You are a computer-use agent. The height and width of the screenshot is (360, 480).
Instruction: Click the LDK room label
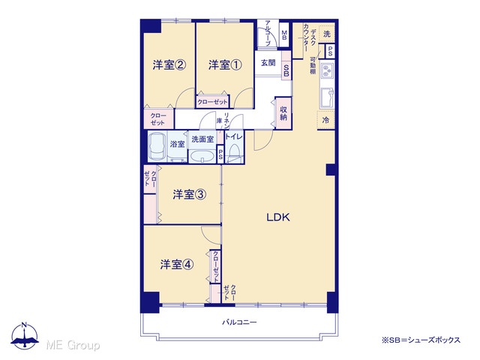[278, 217]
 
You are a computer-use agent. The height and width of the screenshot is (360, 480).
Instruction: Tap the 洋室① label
[225, 65]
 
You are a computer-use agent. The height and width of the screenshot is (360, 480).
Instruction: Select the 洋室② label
[169, 65]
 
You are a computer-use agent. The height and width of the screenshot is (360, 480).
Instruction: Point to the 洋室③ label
[189, 194]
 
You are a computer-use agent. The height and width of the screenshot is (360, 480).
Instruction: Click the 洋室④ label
[177, 265]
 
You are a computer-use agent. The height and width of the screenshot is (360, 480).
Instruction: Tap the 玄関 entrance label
[268, 63]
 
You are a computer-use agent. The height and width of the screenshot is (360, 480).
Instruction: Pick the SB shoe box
[286, 70]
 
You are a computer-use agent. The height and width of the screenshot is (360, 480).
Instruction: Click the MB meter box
[284, 35]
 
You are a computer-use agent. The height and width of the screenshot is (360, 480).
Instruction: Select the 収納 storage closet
[283, 113]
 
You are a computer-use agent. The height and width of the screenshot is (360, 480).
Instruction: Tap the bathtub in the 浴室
[157, 146]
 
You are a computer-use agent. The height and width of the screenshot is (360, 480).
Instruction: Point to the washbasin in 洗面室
[202, 156]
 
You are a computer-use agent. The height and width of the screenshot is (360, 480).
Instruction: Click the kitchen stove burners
[327, 70]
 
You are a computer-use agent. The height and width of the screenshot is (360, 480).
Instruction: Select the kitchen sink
[327, 97]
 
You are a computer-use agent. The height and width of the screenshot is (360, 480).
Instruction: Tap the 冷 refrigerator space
[325, 120]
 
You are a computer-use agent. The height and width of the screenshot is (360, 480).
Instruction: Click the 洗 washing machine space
[327, 34]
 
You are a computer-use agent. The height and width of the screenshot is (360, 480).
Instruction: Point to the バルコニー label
[239, 322]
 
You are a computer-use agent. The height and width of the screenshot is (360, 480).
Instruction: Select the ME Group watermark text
[73, 345]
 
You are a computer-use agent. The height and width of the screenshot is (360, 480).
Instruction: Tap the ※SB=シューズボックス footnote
[421, 340]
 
